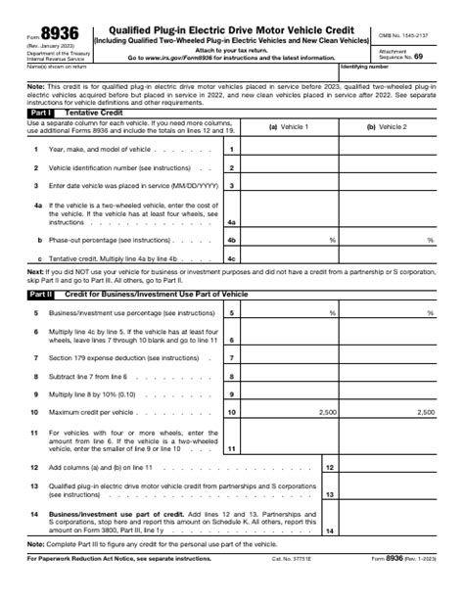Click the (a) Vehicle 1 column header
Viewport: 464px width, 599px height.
[289, 127]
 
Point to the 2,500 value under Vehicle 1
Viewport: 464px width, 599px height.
[327, 413]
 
